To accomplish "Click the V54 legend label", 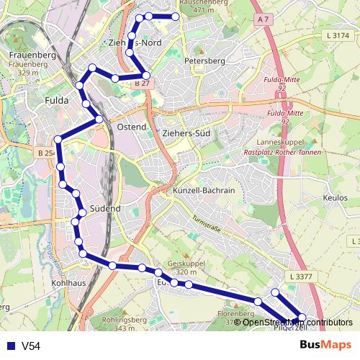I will pos(31,346).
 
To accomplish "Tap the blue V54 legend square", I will pos(10,346).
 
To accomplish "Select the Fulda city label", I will pos(56,101).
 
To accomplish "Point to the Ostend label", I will pos(131,126).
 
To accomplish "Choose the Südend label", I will pos(106,209).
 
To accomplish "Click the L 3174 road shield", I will pos(337,35).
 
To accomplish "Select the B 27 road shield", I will pos(142,84).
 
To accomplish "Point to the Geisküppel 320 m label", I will pos(181,267).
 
